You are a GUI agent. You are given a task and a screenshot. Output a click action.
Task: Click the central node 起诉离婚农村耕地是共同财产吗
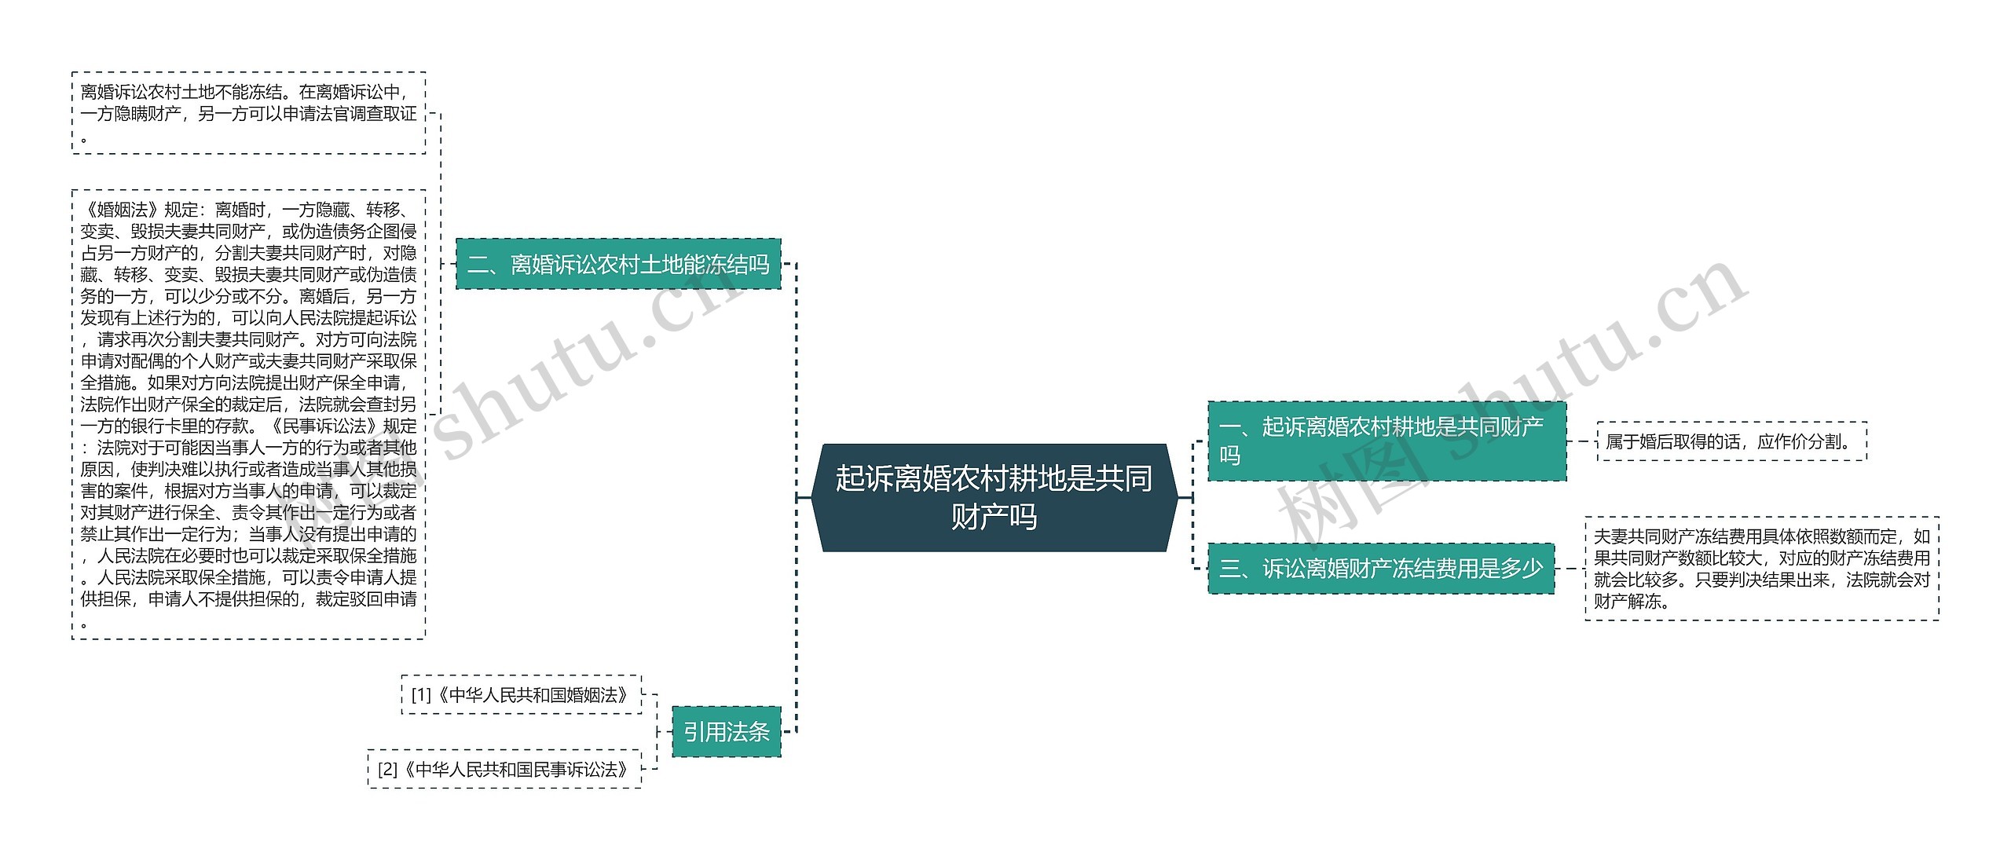(x=994, y=497)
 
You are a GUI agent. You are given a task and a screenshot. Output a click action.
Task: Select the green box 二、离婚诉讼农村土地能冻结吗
(x=618, y=264)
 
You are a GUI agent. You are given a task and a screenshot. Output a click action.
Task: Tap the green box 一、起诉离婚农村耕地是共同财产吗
(x=1386, y=441)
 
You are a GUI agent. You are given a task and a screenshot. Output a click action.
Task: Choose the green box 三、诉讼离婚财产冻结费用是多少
(x=1381, y=568)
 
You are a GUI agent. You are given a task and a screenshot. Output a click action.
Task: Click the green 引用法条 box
(x=726, y=732)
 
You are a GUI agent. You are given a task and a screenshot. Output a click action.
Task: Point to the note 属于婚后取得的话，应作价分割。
(x=1731, y=441)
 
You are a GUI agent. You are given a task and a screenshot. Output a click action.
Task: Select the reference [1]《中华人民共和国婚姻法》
(x=522, y=695)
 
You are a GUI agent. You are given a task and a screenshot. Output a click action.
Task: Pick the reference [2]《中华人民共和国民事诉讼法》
(x=504, y=770)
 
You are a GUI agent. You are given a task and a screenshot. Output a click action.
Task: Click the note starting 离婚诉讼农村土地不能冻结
(x=248, y=113)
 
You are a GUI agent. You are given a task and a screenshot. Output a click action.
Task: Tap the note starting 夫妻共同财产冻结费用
(x=1761, y=569)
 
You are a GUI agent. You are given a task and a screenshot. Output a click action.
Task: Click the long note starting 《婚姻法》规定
(x=248, y=415)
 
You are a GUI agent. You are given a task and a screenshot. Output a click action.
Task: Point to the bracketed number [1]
(x=421, y=695)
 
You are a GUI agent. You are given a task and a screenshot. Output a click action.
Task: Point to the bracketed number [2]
(x=388, y=770)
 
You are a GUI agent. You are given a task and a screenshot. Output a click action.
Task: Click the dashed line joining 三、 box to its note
(x=1570, y=569)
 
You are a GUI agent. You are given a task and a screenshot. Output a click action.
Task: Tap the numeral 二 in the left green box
(x=478, y=265)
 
